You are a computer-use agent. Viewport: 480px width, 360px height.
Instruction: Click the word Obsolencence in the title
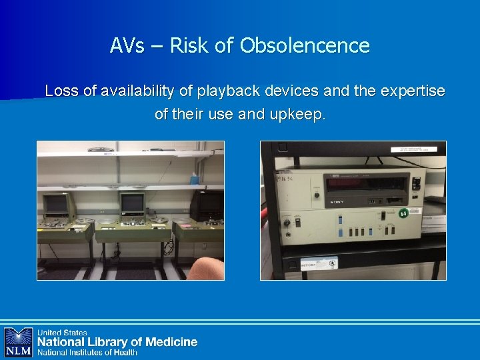pyautogui.click(x=305, y=45)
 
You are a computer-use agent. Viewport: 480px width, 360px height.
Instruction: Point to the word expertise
pyautogui.click(x=413, y=91)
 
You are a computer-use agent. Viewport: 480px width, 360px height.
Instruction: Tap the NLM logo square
pyautogui.click(x=18, y=341)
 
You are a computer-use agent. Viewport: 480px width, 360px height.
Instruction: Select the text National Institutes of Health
pyautogui.click(x=87, y=353)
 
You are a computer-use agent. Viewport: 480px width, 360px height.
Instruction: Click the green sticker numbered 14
pyautogui.click(x=403, y=214)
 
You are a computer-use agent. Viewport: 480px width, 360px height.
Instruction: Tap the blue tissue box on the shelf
pyautogui.click(x=194, y=179)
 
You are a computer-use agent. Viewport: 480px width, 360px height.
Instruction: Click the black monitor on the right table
pyautogui.click(x=207, y=205)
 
